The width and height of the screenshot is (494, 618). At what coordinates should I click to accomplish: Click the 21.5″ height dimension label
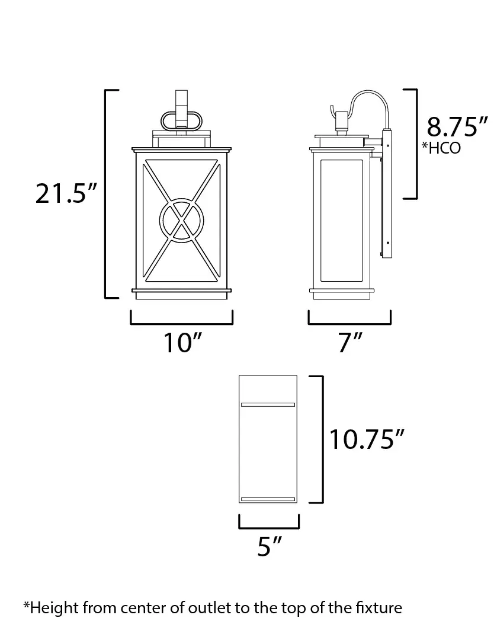[66, 193]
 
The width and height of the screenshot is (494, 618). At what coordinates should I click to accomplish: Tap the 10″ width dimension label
[182, 342]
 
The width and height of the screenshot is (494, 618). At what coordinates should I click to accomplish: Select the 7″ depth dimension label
[350, 342]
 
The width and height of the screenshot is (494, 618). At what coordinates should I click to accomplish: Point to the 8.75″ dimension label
[457, 126]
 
